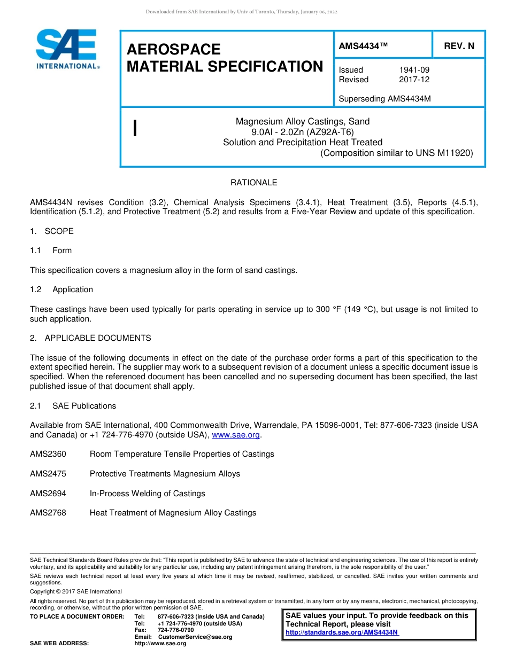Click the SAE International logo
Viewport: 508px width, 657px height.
tap(67, 49)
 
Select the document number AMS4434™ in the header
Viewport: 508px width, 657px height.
tap(363, 46)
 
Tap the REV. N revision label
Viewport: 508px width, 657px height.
tap(459, 46)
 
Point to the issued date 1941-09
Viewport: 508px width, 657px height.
tap(414, 70)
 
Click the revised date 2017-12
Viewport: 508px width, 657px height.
tap(414, 80)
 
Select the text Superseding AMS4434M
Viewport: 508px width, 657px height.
tap(384, 99)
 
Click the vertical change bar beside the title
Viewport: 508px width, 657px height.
tap(135, 128)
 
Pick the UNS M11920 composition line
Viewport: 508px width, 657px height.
tap(396, 153)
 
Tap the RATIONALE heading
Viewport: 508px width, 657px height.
tap(253, 183)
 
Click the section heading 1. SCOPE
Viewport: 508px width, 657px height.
tap(52, 231)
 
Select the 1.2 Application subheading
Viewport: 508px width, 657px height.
tap(61, 290)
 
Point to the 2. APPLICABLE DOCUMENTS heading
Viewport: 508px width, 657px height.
tap(90, 338)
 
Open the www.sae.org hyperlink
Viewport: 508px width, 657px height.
tap(236, 435)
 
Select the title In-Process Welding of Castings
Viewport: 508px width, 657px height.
tap(147, 494)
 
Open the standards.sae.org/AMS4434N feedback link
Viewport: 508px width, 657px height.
tap(342, 632)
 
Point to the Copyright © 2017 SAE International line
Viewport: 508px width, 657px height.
tap(76, 591)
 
